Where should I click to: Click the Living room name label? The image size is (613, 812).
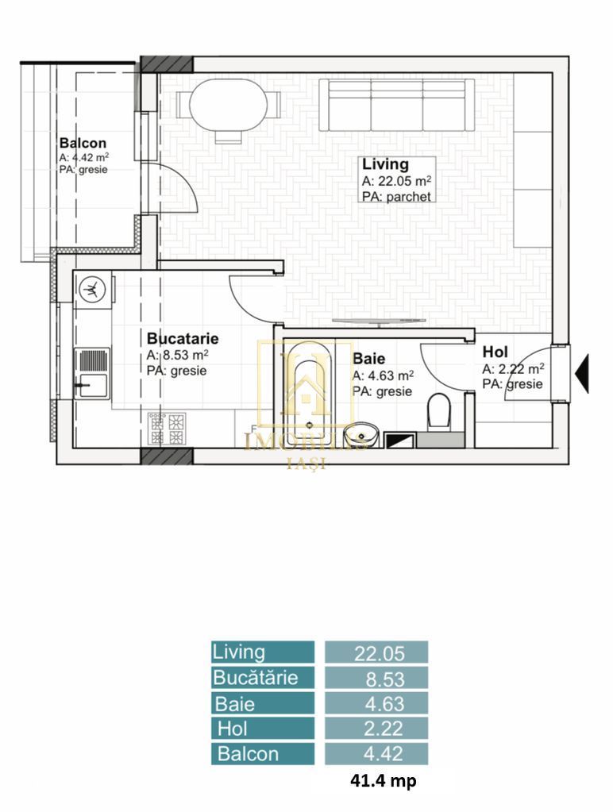point(385,165)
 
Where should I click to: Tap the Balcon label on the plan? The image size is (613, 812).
point(83,143)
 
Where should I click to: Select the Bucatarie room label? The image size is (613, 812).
point(182,339)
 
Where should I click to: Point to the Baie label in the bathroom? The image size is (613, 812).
point(369,359)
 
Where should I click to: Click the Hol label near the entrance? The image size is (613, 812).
point(495,352)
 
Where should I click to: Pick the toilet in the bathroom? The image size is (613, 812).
point(438,412)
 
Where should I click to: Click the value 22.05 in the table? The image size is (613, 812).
point(376,653)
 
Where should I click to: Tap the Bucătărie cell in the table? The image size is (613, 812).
point(263,678)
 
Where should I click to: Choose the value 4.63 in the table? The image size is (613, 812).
point(376,703)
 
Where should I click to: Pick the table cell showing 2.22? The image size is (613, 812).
point(376,728)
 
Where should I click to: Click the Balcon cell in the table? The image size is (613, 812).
point(263,753)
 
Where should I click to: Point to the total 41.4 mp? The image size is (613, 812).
point(384,781)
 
